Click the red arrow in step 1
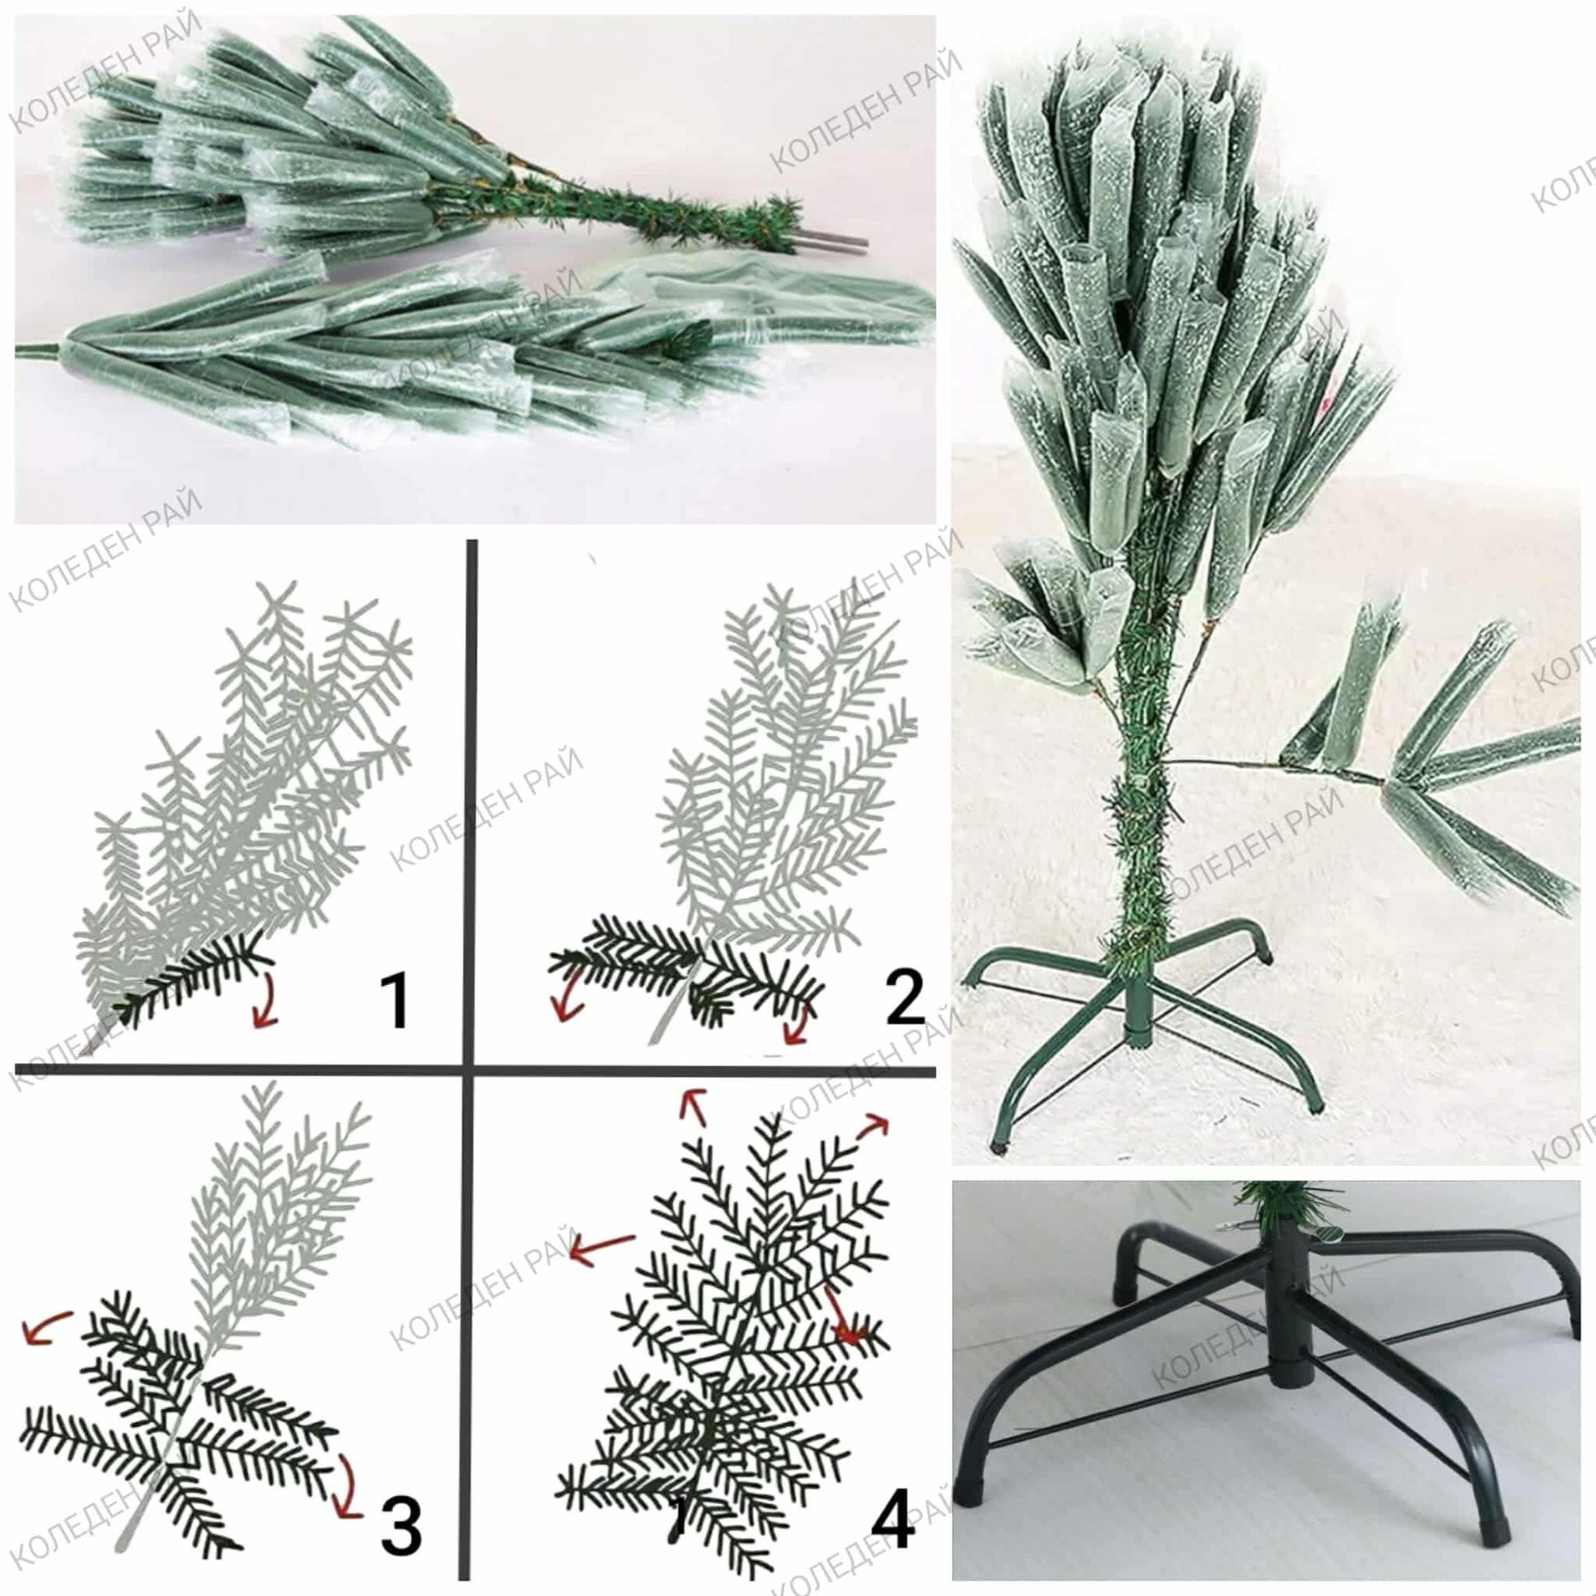[266, 1003]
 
